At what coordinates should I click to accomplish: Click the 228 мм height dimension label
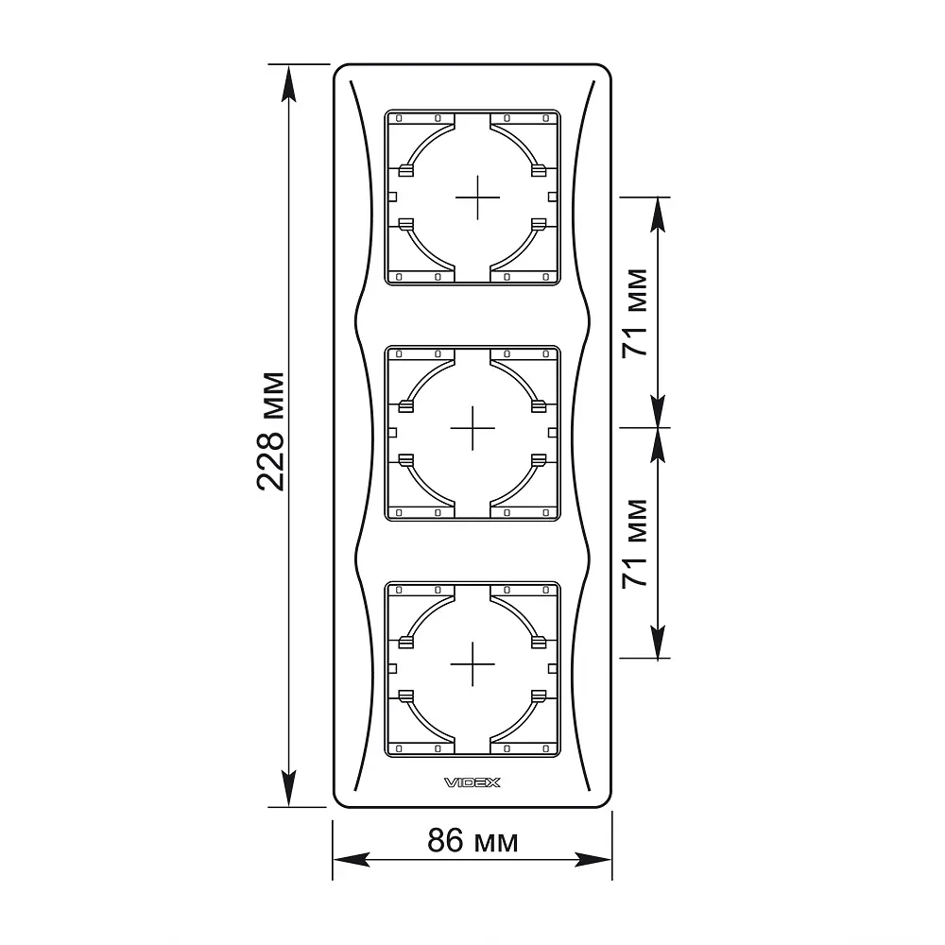pyautogui.click(x=270, y=432)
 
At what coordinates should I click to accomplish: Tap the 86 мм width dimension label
pyautogui.click(x=472, y=840)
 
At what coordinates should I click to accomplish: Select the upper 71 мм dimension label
pyautogui.click(x=635, y=313)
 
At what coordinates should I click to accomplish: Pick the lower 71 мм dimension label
pyautogui.click(x=635, y=543)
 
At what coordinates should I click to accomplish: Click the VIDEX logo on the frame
pyautogui.click(x=472, y=782)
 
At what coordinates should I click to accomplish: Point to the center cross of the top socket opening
pyautogui.click(x=477, y=198)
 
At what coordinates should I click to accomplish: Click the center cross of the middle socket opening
pyautogui.click(x=472, y=428)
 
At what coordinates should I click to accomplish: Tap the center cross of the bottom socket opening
pyautogui.click(x=472, y=664)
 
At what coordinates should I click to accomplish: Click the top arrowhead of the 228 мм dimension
pyautogui.click(x=288, y=83)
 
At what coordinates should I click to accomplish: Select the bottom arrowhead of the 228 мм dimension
pyautogui.click(x=288, y=788)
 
